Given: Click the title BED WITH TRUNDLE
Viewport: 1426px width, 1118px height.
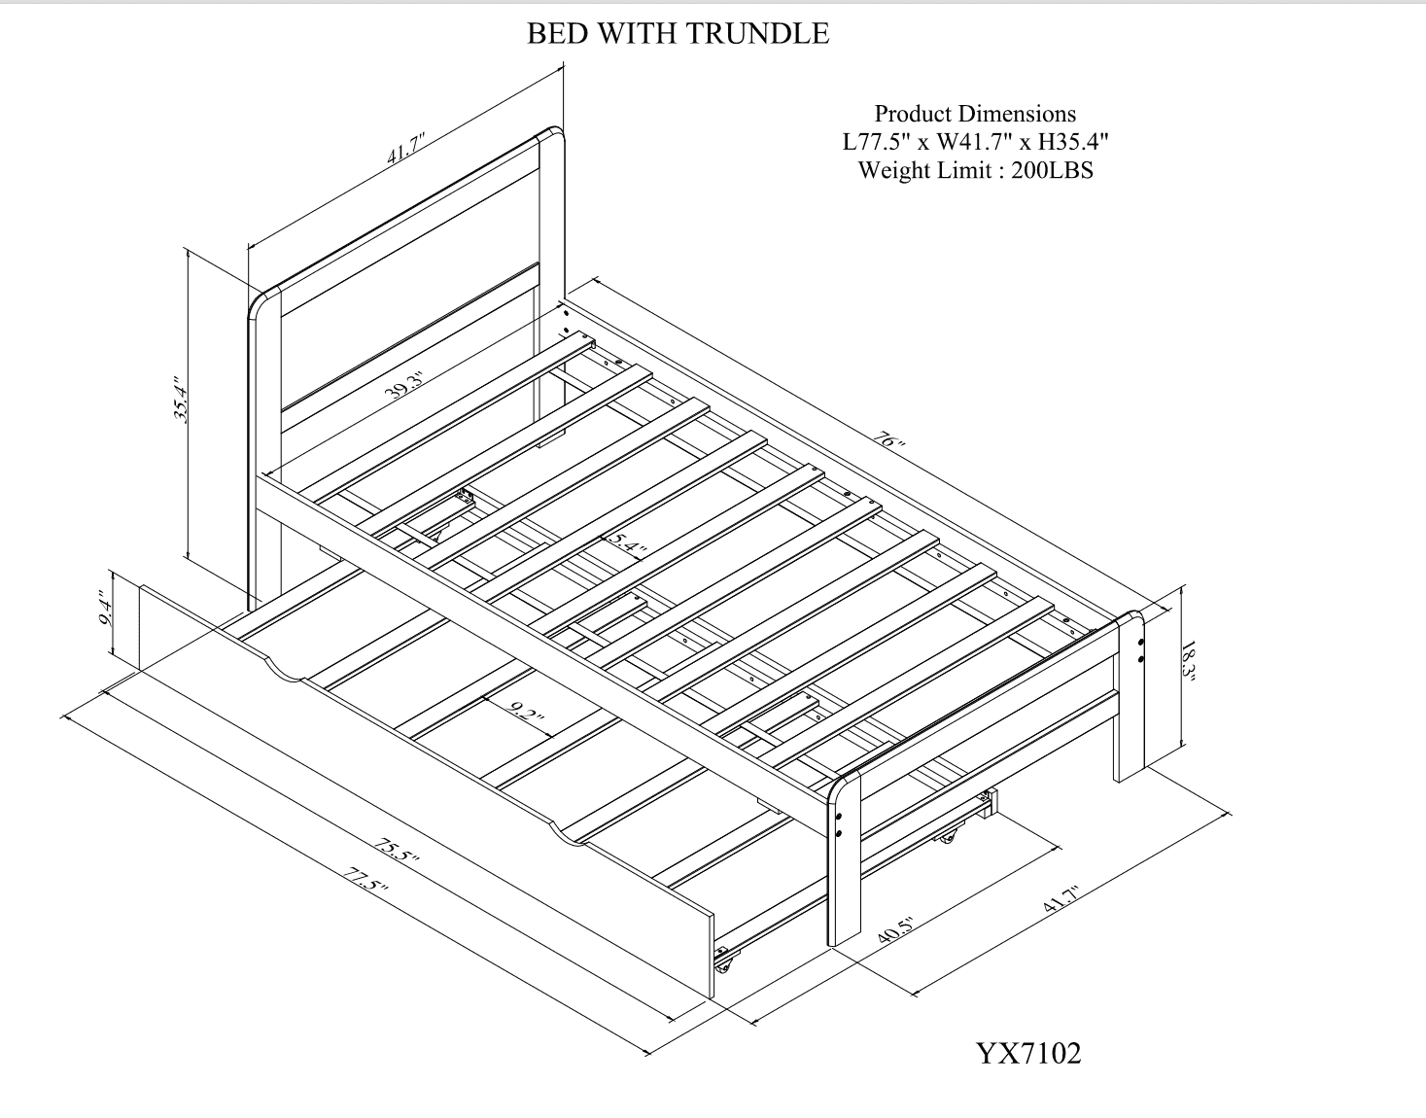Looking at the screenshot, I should (678, 34).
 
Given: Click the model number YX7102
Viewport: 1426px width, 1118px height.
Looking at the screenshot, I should (1028, 1053).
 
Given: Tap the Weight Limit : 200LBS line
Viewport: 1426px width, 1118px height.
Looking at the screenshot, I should (975, 170).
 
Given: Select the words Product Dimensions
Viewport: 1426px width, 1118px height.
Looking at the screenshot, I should (975, 114).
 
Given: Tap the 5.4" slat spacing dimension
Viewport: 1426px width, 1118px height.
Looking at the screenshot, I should (626, 543).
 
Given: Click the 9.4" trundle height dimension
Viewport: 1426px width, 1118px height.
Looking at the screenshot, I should (107, 615).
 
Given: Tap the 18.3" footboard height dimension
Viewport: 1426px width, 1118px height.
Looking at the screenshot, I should (1190, 663).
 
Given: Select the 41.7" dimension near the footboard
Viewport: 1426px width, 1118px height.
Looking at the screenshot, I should (1063, 897).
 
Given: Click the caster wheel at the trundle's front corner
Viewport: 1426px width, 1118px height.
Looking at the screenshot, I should (722, 966).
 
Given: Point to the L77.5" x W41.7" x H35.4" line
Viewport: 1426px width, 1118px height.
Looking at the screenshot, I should (975, 142).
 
